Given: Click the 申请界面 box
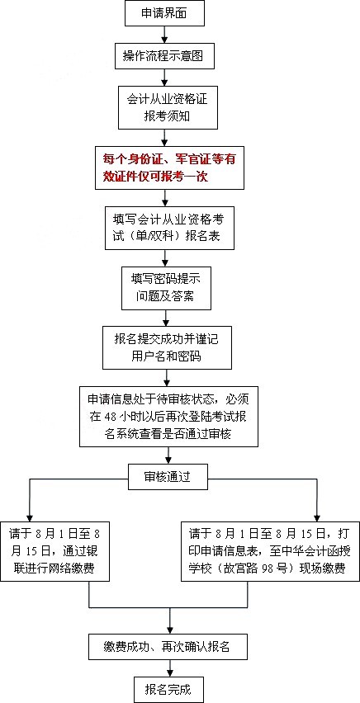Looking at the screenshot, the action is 164,13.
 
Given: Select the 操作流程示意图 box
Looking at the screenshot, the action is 163,56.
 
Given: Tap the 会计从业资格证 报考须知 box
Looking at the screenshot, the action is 168,107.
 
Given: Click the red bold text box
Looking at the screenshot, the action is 169,167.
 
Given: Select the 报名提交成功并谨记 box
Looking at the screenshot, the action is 167,348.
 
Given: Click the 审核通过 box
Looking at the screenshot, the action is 168,477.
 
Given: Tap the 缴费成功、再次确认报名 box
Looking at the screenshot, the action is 168,646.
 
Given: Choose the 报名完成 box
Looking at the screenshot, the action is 168,689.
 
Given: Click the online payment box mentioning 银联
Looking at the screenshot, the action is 54,551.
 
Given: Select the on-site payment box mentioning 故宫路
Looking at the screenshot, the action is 270,551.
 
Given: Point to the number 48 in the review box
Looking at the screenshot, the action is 111,417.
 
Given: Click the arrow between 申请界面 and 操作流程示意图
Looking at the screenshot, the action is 165,34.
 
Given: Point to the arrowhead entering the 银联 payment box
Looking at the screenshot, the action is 30,517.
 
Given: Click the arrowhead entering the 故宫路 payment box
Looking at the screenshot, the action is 317,517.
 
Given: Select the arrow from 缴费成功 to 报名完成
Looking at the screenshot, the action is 168,668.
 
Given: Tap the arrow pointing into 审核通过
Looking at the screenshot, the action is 168,455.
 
